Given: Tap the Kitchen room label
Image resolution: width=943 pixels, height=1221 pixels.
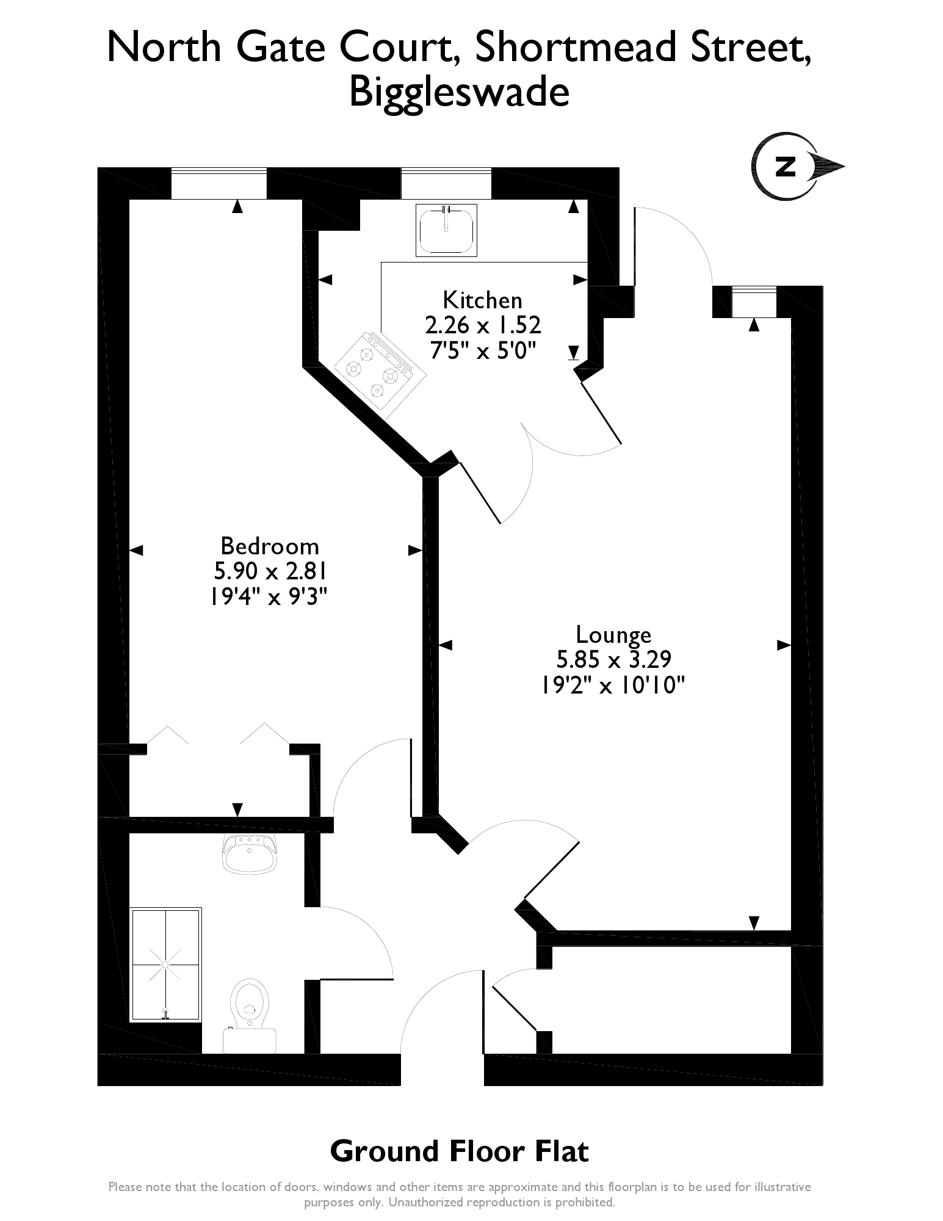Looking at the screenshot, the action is (x=482, y=300).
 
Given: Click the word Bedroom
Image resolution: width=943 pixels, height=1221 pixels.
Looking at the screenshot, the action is (x=269, y=545).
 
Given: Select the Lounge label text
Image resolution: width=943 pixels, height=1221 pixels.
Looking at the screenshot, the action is (x=613, y=635).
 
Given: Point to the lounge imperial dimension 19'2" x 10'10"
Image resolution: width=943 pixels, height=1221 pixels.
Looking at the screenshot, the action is (x=613, y=686).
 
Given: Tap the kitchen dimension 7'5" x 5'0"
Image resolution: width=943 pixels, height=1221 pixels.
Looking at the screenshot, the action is (x=483, y=351).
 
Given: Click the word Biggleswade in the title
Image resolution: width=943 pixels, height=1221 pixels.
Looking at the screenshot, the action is (x=458, y=93).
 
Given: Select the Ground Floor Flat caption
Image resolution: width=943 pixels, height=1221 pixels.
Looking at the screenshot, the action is (x=459, y=1151).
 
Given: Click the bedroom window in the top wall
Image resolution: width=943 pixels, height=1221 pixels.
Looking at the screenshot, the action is (x=219, y=183).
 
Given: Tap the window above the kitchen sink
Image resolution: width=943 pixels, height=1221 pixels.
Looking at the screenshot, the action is (x=446, y=183).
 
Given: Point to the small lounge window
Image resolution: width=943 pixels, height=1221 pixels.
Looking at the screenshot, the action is (x=753, y=302).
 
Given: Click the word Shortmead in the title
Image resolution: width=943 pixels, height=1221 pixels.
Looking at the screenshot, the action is (x=574, y=48).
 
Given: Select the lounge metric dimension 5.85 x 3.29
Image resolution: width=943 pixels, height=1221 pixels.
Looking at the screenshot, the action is (x=613, y=660).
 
